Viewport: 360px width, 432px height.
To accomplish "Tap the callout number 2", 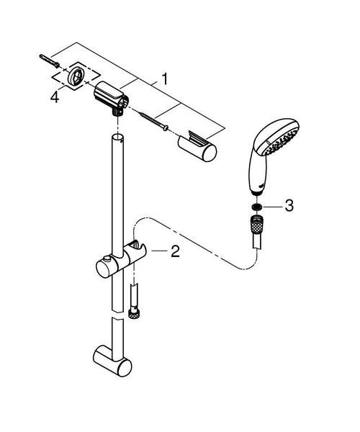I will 175,251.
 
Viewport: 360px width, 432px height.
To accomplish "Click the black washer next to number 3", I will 255,207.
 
